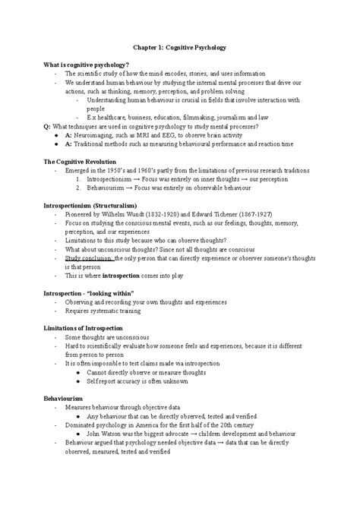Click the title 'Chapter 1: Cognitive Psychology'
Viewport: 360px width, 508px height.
pos(180,48)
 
